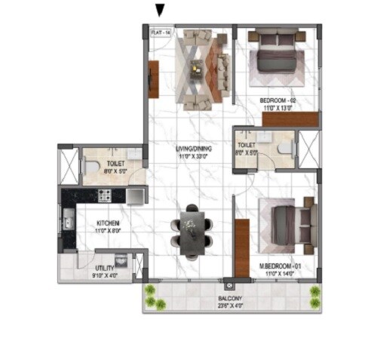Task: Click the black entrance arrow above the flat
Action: click(159, 9)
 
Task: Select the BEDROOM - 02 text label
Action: click(277, 100)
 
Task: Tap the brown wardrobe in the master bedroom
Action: click(241, 247)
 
